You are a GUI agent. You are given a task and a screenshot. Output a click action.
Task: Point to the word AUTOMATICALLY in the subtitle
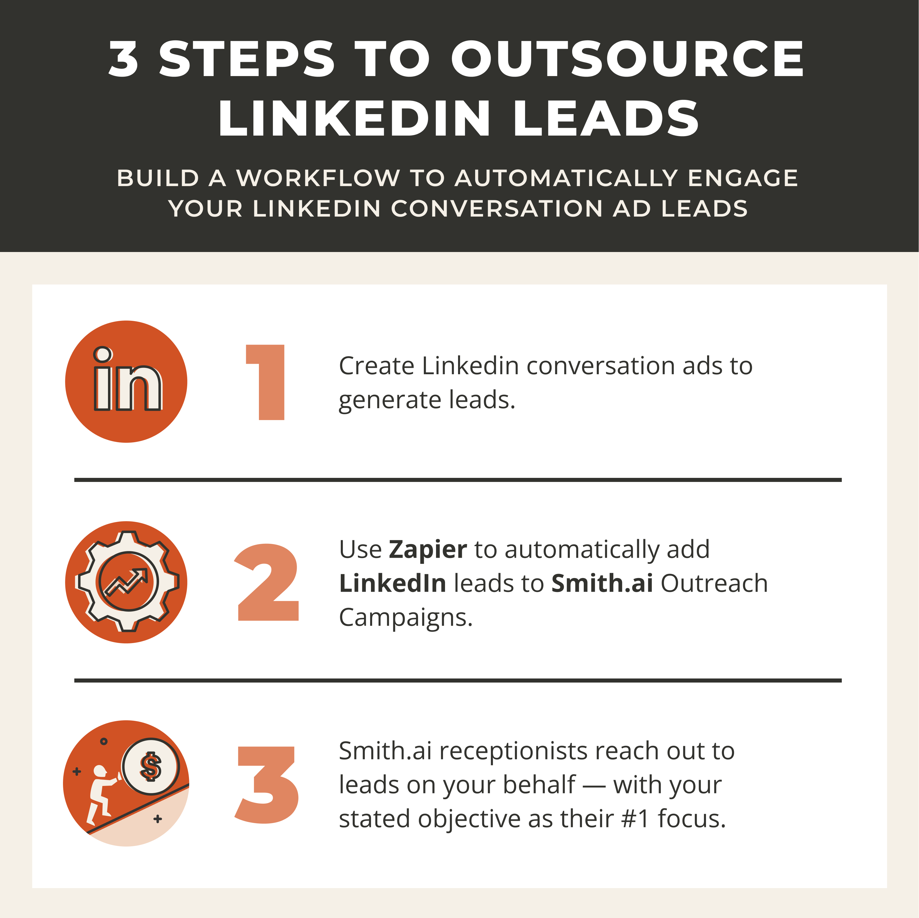click(566, 178)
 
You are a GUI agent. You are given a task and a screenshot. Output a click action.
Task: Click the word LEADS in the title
click(606, 119)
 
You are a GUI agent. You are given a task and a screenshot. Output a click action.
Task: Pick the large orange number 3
click(267, 785)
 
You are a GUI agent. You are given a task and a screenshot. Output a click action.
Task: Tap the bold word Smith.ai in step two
click(602, 584)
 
